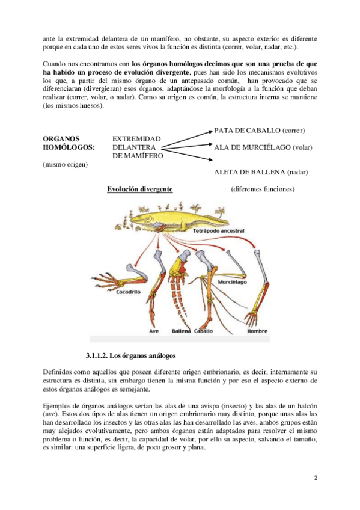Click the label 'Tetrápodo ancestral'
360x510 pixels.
click(218, 230)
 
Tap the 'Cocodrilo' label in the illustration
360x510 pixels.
click(129, 292)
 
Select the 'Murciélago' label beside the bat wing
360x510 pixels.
click(233, 282)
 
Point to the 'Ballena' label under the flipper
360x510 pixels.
click(182, 331)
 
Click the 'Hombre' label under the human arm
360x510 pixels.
click(257, 331)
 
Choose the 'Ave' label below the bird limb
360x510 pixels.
click(154, 331)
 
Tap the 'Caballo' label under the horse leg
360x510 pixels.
click(203, 331)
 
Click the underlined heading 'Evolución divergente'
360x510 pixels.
click(139, 189)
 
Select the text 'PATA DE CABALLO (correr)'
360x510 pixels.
click(259, 131)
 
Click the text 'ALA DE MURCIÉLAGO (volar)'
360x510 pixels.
click(263, 147)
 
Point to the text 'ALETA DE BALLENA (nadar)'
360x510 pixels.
click(261, 172)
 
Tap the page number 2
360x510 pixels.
click(316, 478)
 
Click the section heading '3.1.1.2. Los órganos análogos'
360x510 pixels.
click(130, 355)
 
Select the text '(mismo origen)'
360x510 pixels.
click(66, 164)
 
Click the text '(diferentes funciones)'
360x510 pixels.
click(263, 189)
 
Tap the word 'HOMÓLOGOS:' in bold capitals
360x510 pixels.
click(69, 147)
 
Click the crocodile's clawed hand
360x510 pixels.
click(103, 281)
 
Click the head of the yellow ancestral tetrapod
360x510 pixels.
click(138, 218)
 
